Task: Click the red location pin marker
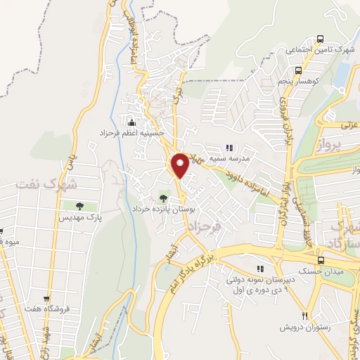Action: click(180, 165)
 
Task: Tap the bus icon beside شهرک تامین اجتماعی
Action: click(321, 39)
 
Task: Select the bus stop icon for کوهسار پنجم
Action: click(298, 70)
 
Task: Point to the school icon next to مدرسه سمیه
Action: click(228, 148)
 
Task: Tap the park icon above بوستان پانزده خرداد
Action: click(164, 198)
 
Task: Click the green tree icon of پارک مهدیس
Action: click(79, 206)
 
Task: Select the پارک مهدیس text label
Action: click(79, 219)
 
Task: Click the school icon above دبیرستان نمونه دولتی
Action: click(261, 268)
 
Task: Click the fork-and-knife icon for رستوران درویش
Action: click(305, 316)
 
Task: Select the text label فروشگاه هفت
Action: click(47, 311)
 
